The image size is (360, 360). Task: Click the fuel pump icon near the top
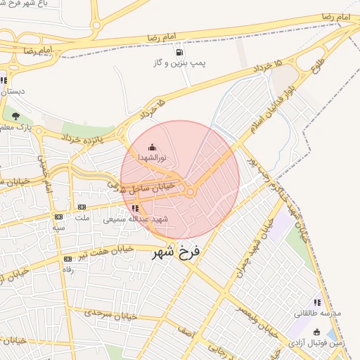[x=180, y=52]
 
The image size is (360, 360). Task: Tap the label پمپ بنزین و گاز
[x=180, y=63]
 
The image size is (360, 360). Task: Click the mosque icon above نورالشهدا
[x=153, y=147]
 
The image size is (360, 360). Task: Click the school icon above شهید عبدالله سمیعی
[x=135, y=208]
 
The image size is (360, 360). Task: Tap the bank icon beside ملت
[x=82, y=207]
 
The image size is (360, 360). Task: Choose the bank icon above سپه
[x=58, y=217]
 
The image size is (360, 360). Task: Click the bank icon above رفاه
[x=68, y=259]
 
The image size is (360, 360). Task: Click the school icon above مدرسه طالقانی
[x=317, y=302]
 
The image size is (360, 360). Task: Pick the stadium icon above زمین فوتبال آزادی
[x=318, y=332]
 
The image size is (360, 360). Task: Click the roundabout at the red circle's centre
[x=191, y=191]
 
